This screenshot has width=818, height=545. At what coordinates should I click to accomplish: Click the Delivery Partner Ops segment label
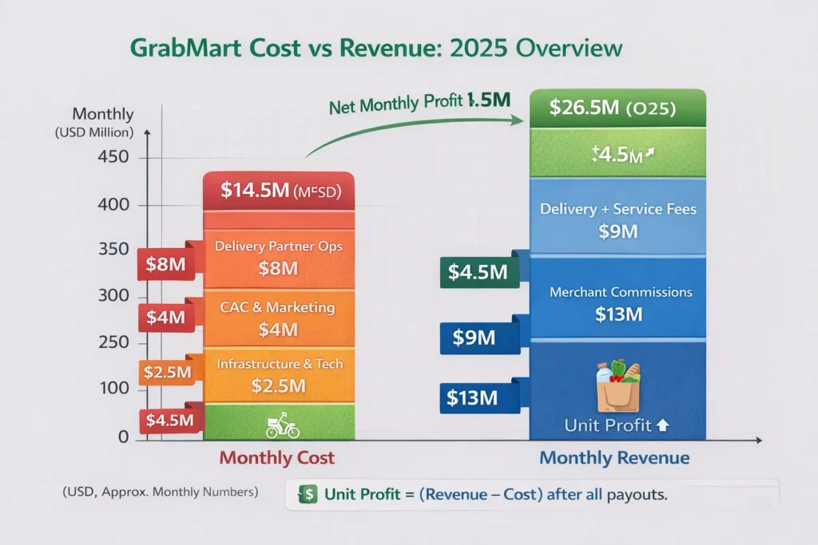(278, 247)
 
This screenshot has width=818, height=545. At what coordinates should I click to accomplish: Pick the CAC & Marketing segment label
(278, 307)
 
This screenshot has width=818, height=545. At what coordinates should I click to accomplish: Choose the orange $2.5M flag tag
(167, 371)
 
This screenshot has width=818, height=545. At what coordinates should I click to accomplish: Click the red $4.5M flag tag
(167, 421)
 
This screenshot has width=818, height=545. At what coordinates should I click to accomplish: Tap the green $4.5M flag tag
(476, 272)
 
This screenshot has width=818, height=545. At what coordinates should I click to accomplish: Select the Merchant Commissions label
(621, 293)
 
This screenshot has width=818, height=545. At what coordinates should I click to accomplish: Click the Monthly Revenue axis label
(614, 458)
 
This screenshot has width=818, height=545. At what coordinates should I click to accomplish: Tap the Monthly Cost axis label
(276, 458)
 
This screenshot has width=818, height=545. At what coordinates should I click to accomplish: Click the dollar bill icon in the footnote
(308, 494)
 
